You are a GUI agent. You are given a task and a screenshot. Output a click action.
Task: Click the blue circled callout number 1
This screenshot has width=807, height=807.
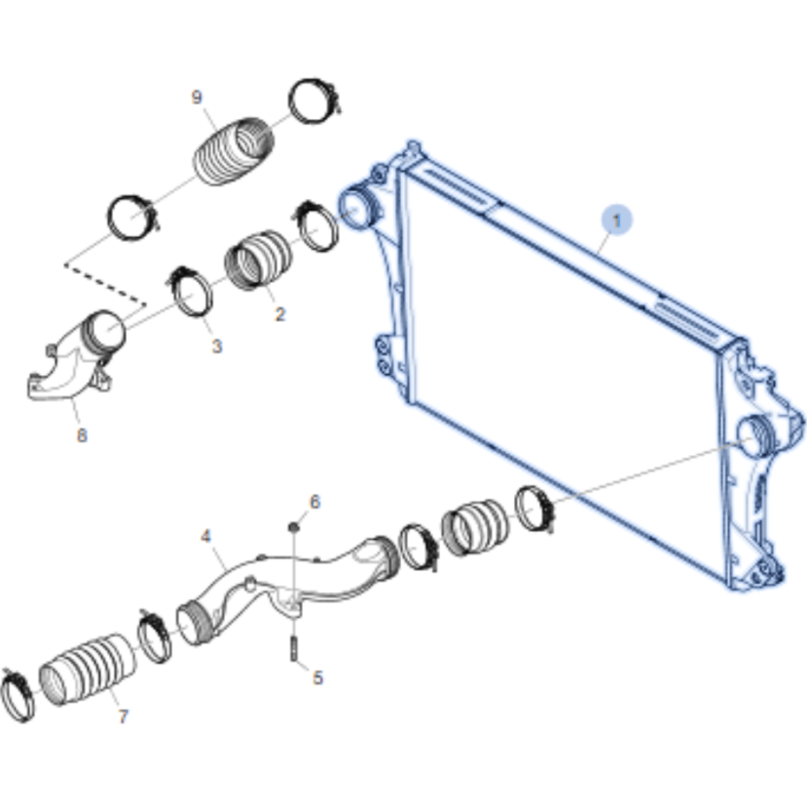click(x=616, y=220)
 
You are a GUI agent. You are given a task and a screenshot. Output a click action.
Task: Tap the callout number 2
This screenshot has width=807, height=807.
click(x=280, y=314)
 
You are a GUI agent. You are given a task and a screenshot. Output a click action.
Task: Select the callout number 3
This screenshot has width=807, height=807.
click(x=216, y=346)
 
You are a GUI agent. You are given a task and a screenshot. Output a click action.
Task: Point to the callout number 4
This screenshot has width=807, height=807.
click(x=206, y=536)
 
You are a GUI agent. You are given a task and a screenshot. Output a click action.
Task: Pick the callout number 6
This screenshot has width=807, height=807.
click(x=314, y=502)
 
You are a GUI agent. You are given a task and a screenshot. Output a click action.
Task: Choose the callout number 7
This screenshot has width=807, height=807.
click(x=123, y=717)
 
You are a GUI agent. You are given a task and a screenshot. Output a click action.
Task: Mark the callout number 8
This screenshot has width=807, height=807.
click(x=82, y=435)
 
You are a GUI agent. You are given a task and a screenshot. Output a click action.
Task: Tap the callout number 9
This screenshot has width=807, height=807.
click(x=196, y=97)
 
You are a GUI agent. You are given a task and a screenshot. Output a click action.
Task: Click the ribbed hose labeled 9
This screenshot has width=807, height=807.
click(x=234, y=152)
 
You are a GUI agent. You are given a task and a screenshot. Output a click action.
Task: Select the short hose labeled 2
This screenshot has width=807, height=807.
click(x=258, y=259)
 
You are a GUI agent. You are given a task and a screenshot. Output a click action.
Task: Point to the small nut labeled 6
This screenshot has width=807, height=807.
click(x=294, y=526)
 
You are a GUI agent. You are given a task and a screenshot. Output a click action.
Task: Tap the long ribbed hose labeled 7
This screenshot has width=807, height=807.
click(x=88, y=670)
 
